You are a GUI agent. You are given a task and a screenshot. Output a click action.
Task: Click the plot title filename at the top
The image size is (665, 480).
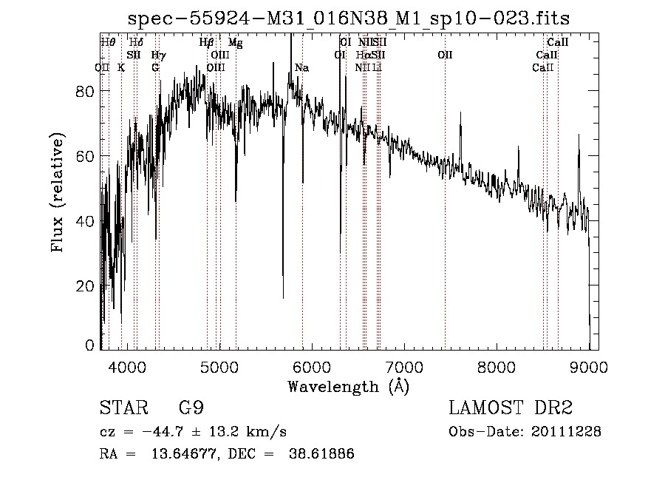(349, 18)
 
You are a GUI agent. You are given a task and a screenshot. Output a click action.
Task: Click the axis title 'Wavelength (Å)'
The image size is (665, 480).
(348, 386)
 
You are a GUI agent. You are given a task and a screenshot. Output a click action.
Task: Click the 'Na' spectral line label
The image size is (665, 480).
(301, 68)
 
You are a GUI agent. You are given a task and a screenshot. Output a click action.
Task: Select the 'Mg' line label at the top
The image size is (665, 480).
(235, 43)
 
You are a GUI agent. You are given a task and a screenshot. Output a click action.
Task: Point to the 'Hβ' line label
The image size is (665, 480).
(207, 43)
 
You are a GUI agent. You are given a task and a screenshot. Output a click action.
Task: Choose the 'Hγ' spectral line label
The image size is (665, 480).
(158, 55)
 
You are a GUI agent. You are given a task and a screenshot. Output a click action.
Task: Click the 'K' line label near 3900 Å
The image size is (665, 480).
(121, 68)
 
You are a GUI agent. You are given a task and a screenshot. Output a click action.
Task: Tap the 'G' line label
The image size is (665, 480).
(155, 68)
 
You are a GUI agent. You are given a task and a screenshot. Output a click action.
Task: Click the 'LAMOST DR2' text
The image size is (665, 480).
(511, 408)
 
